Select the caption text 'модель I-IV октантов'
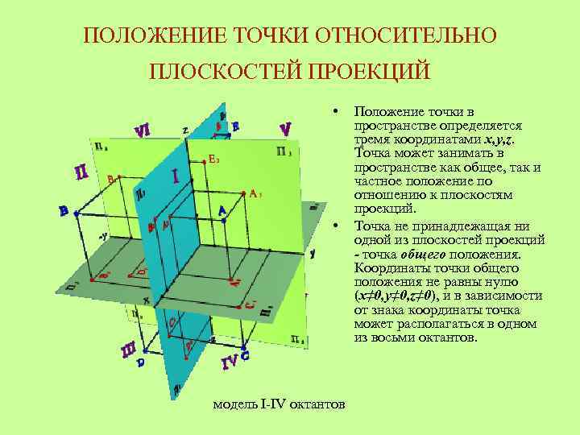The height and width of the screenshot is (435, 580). [x=279, y=403]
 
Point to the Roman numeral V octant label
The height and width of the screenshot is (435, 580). [x=285, y=129]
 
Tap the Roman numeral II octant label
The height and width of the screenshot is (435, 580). [x=81, y=172]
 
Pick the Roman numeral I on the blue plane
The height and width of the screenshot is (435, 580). [x=176, y=175]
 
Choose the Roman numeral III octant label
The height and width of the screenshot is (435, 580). [x=128, y=350]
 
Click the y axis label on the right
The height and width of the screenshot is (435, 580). [x=312, y=252]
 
